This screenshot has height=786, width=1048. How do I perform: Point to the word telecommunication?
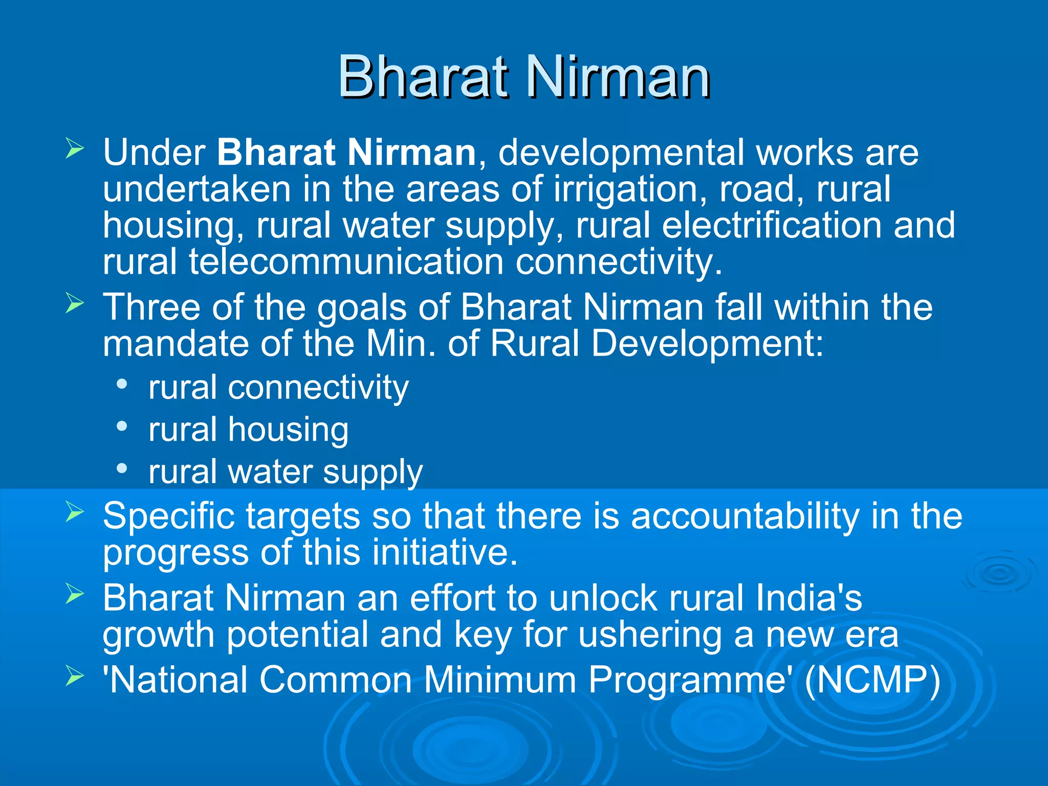point(346,262)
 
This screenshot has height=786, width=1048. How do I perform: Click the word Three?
point(151,308)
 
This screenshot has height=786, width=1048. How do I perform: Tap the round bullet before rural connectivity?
point(122,384)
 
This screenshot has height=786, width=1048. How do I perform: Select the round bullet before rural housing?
point(122,426)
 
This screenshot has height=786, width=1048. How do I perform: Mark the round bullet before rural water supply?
point(122,468)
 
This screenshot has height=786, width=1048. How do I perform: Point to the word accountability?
point(745,516)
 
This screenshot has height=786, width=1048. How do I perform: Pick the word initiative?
point(445,553)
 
